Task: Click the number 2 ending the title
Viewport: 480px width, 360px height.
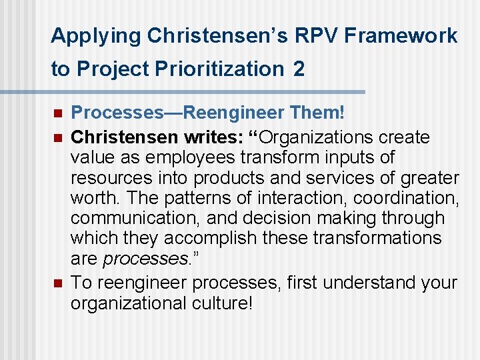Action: point(299,69)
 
